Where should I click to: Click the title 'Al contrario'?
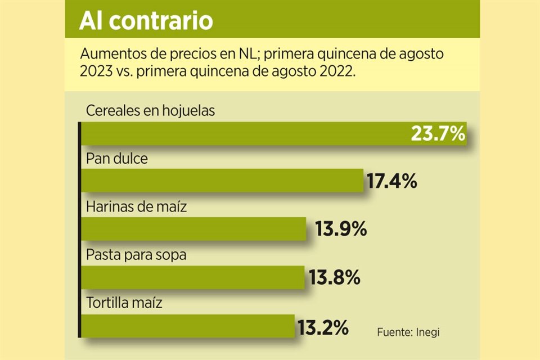coord(146,21)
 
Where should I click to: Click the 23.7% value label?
coord(438,134)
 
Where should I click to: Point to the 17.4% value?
coord(391,182)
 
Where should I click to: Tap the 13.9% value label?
coord(337,229)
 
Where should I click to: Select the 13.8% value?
coord(334,277)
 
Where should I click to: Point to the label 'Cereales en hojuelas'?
coord(150,111)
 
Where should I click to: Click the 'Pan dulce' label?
coord(116,159)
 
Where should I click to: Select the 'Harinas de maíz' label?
coord(136,207)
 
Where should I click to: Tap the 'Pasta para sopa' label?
coord(136,255)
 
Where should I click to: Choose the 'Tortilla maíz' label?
coord(124,303)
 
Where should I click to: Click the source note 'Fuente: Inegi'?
coord(408,332)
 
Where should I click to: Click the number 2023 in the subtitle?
coord(97,73)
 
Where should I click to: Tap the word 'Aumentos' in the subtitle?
coord(108,55)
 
